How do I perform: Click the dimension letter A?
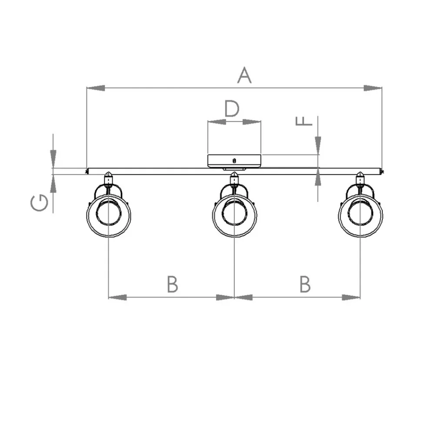coord(244,75)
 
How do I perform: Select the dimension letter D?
coord(232,109)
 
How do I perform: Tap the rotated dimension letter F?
coord(304,121)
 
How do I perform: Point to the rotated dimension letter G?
coord(40,203)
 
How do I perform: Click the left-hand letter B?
coord(172,284)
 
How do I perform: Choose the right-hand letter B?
coord(305,284)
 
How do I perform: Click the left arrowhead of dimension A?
coord(96,88)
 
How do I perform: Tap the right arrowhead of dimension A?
coord(373,88)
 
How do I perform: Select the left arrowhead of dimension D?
coord(217,121)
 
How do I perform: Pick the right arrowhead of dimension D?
coord(251,121)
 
